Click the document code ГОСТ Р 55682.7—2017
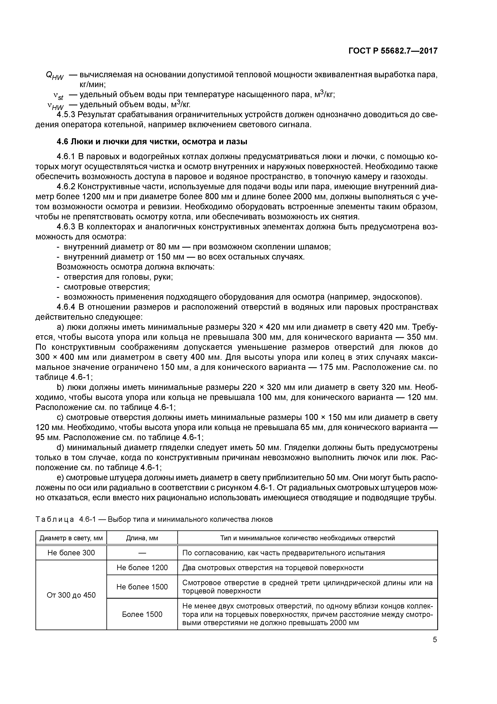pos(393,51)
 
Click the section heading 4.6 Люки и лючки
pos(152,142)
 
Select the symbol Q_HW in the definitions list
pos(55,76)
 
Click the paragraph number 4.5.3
pos(66,115)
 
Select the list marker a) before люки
pos(60,327)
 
